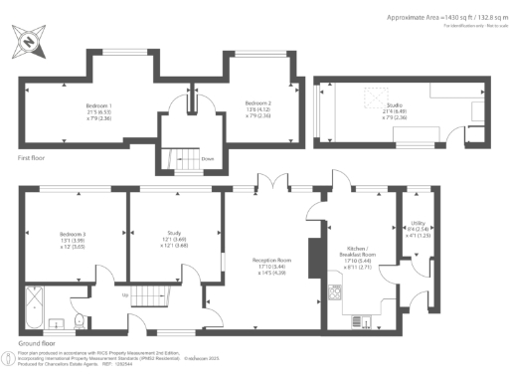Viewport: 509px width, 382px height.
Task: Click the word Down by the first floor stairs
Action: (x=207, y=158)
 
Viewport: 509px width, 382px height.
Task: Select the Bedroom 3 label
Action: (x=73, y=239)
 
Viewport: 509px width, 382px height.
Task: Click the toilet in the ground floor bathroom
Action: (x=78, y=320)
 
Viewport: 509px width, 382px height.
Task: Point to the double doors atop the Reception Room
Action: (x=267, y=186)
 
